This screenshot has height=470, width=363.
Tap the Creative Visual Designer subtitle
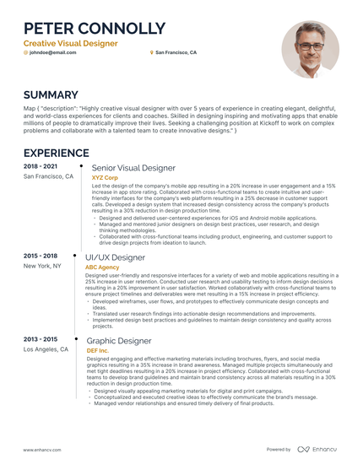(x=70, y=42)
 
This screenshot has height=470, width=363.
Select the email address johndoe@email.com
(x=52, y=52)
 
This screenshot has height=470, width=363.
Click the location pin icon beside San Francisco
(x=152, y=52)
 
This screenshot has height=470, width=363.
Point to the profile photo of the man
(x=310, y=50)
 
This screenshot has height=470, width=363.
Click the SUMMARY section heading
(x=51, y=95)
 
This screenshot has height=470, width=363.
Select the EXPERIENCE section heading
(x=57, y=153)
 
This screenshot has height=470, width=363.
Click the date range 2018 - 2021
(x=41, y=166)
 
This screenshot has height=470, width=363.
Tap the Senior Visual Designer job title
(x=133, y=168)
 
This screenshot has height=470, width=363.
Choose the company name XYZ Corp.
(x=105, y=178)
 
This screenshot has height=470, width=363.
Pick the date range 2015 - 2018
(x=41, y=255)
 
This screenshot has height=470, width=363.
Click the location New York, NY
(x=42, y=265)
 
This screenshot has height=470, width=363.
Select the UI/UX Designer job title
(x=116, y=257)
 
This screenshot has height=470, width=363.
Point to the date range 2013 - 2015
(x=41, y=338)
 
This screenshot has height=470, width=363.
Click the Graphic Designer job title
(x=118, y=340)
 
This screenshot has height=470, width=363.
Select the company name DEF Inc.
(x=98, y=350)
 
